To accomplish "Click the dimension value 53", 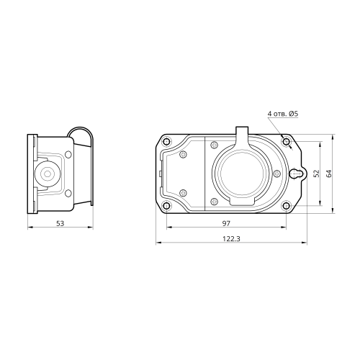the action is coord(60,223).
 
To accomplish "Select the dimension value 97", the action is coord(226,223).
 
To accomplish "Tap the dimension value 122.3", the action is coord(231,239).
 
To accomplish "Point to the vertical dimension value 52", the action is coord(317,174).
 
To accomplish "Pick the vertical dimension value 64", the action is coord(329,174).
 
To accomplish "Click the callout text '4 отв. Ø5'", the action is coord(283,114).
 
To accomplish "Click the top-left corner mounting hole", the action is coord(166,142).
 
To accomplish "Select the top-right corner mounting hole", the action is coord(286,142).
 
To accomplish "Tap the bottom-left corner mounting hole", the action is coord(166,205).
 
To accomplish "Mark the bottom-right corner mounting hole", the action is coord(286,205).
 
